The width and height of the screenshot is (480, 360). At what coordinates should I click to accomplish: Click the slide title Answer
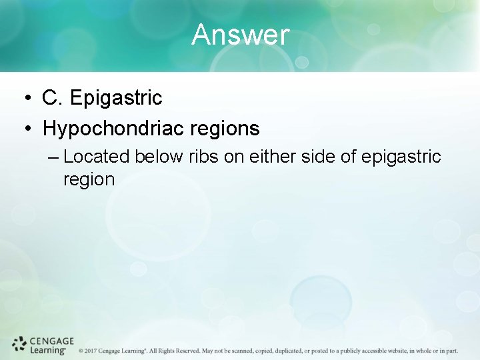coord(240,35)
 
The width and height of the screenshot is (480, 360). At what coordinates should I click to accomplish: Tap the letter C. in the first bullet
coord(51,98)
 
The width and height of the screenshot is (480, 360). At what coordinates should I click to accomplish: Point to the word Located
coord(97,157)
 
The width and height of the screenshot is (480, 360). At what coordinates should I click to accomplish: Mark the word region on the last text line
coord(89,180)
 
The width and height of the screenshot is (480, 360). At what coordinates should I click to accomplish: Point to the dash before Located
coord(53,157)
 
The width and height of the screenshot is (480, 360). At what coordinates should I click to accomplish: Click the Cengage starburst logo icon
coord(19,344)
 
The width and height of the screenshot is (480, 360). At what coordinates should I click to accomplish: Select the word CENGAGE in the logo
coord(52,341)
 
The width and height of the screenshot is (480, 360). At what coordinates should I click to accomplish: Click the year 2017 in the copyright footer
coord(91,351)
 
